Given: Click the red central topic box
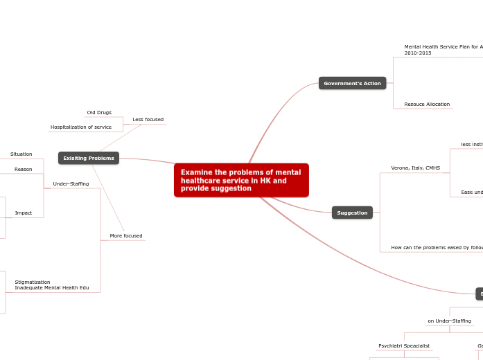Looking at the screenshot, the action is (241, 180).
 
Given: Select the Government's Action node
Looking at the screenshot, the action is (352, 83).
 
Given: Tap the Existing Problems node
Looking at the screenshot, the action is (89, 159).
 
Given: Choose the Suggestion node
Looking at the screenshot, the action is (352, 213).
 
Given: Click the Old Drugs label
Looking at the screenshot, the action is (99, 112).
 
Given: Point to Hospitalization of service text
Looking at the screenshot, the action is (81, 127).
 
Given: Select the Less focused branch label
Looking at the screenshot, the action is (148, 120).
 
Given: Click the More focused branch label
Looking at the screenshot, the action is (126, 236).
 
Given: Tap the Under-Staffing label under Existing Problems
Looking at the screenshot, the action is (71, 183).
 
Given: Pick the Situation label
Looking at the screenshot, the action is (21, 154).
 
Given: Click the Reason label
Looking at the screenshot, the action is (23, 169).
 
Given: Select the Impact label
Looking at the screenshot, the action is (24, 213).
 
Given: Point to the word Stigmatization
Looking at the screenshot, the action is (33, 282).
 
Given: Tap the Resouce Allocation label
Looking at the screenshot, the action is (427, 105).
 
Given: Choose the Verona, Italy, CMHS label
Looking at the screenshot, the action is (415, 168).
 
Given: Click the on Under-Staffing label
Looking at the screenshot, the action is (449, 321).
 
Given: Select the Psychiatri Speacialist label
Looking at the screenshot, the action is (403, 345).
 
